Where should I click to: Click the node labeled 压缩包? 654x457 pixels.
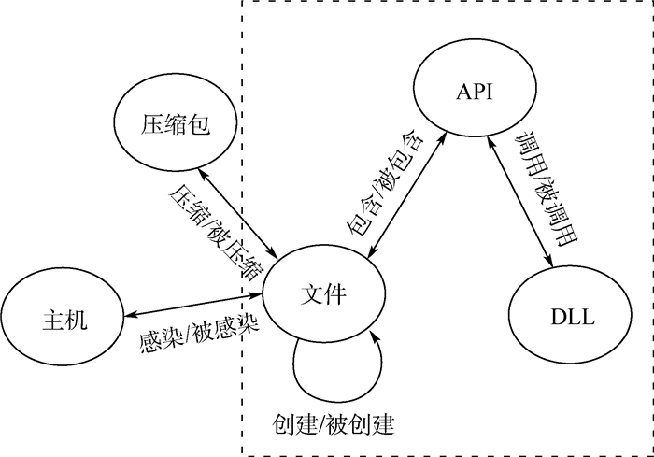click(176, 123)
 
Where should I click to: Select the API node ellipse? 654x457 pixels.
click(475, 89)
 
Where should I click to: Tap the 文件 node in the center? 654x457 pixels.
click(323, 293)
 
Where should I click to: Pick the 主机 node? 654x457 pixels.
click(63, 318)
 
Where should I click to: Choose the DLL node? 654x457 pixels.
click(570, 316)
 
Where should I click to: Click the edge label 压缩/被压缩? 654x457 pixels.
click(217, 232)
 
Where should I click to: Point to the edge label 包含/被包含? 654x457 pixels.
click(385, 183)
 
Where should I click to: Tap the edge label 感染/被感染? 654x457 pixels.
click(199, 332)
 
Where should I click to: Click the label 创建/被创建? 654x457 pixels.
click(333, 425)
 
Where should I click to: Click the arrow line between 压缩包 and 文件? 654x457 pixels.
click(237, 214)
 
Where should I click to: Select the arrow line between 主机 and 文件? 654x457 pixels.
click(192, 305)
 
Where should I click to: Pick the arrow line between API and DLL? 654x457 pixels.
click(520, 202)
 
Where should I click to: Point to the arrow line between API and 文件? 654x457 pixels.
click(407, 195)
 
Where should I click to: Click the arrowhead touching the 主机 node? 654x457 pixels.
click(129, 315)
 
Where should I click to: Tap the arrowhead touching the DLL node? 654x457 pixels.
click(549, 262)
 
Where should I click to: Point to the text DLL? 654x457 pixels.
click(573, 317)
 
